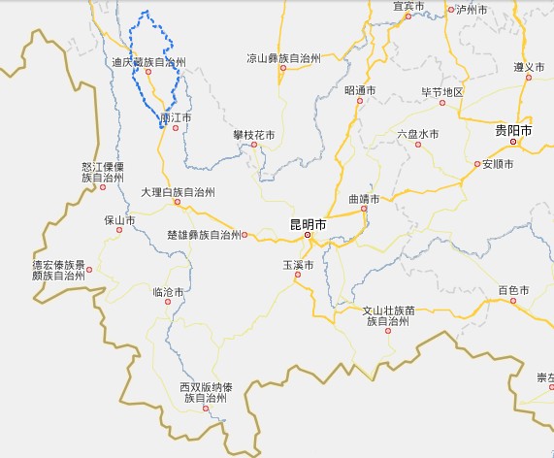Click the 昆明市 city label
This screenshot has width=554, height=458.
pyautogui.click(x=308, y=224)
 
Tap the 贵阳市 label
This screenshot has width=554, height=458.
pyautogui.click(x=513, y=130)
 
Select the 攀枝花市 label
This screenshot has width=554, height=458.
pyautogui.click(x=254, y=134)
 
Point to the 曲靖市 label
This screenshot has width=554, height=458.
pyautogui.click(x=363, y=199)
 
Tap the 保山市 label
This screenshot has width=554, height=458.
pyautogui.click(x=119, y=220)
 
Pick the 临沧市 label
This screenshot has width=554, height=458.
pyautogui.click(x=168, y=291)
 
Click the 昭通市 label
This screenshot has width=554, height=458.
pyautogui.click(x=359, y=91)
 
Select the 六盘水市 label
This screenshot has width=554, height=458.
pyautogui.click(x=418, y=134)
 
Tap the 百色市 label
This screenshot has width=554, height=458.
pyautogui.click(x=513, y=290)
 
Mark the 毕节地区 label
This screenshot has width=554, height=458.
pyautogui.click(x=441, y=92)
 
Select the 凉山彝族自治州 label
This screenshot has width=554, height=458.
pyautogui.click(x=283, y=57)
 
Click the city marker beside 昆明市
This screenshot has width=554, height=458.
pyautogui.click(x=308, y=235)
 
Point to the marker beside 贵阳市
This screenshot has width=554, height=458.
pyautogui.click(x=514, y=142)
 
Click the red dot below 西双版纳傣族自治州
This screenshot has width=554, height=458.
pyautogui.click(x=206, y=409)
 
